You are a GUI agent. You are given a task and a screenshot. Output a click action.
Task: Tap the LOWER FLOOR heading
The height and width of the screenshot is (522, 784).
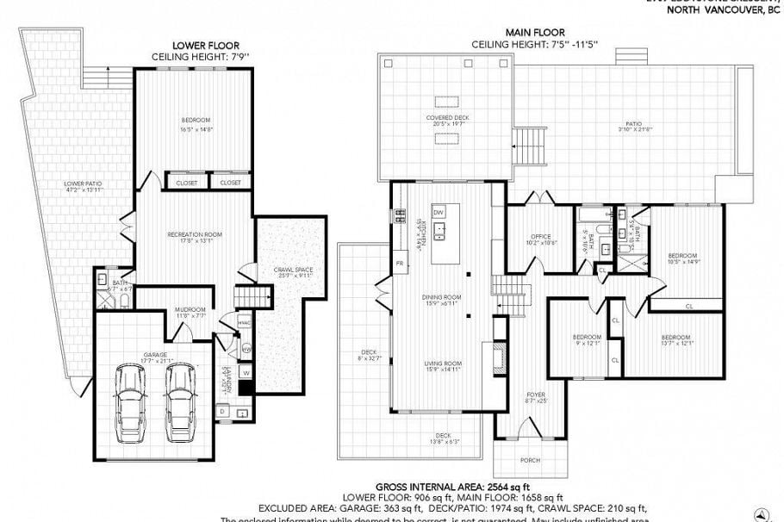click(205, 45)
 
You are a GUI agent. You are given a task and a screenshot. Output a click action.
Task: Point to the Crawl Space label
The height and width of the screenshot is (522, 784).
click(292, 271)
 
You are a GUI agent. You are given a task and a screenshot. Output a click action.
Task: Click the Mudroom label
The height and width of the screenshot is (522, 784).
click(191, 310)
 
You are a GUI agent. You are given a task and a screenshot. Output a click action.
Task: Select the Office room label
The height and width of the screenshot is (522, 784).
click(540, 237)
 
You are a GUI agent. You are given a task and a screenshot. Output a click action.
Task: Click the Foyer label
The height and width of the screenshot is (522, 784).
click(536, 396)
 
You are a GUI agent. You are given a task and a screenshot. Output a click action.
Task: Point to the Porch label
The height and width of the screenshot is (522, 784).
click(531, 460)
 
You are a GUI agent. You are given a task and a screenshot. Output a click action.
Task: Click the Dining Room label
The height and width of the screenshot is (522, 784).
click(444, 297)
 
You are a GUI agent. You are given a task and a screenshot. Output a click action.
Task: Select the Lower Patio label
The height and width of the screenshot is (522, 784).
click(78, 183)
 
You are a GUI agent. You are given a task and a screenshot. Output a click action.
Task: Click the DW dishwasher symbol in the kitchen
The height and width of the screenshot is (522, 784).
click(439, 211)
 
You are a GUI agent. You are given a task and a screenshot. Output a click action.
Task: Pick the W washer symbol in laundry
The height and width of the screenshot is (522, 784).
click(246, 372)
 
